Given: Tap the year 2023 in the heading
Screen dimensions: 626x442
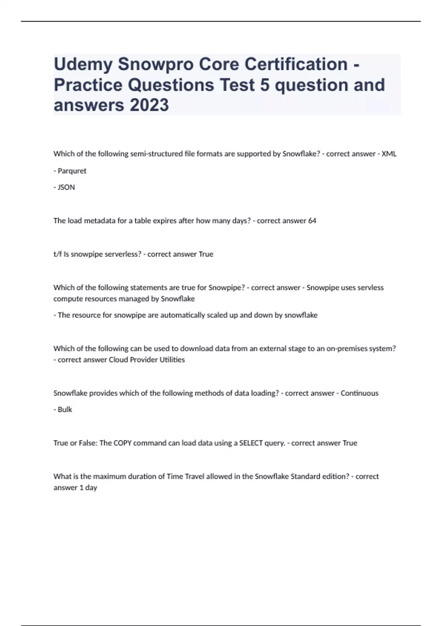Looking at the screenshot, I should click(x=149, y=105).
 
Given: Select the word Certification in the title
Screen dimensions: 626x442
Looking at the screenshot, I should click(x=296, y=64).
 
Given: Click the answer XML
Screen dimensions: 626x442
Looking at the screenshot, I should click(x=389, y=154).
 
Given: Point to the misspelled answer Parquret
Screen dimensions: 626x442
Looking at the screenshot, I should click(x=72, y=171).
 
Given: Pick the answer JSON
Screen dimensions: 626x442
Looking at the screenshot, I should click(x=66, y=187).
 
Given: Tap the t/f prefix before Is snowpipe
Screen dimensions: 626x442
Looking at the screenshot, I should click(x=57, y=254).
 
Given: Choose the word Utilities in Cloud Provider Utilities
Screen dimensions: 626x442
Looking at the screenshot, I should click(x=172, y=360).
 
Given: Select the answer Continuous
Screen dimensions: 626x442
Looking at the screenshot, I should click(x=359, y=393).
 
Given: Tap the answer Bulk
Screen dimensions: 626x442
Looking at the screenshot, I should click(x=65, y=410).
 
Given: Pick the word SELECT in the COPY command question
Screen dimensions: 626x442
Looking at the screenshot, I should click(x=251, y=443).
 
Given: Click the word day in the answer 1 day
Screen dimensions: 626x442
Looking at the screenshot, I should click(x=91, y=488).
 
